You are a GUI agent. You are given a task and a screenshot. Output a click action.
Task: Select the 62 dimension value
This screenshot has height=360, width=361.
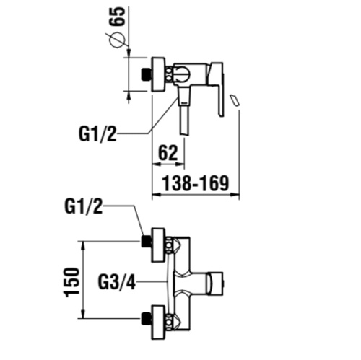click(167, 152)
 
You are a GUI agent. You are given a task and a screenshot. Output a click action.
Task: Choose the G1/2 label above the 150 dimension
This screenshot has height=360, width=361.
click(84, 207)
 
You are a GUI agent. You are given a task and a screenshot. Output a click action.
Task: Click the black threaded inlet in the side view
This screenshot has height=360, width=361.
click(147, 73)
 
